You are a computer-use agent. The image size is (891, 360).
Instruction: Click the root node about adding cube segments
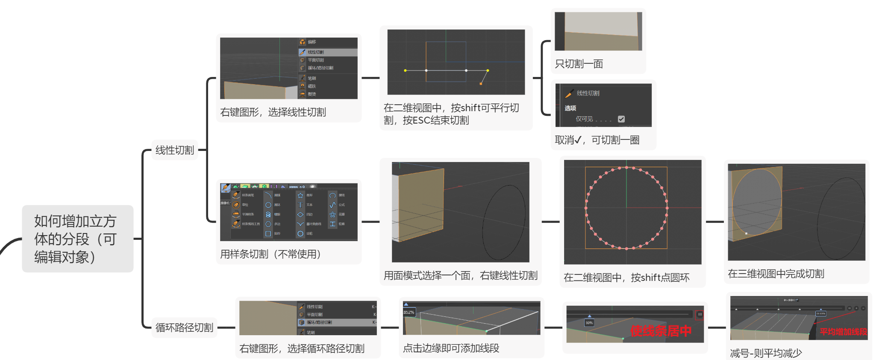pyautogui.click(x=77, y=239)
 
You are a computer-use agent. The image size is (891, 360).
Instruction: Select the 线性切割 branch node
pyautogui.click(x=174, y=150)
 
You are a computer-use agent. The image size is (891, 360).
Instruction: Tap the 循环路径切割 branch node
pyautogui.click(x=184, y=328)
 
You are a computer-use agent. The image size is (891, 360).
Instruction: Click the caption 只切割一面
pyautogui.click(x=579, y=64)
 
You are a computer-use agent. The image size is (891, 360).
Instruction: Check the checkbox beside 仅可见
pyautogui.click(x=621, y=119)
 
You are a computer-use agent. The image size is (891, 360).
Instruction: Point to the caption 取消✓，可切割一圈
pyautogui.click(x=597, y=140)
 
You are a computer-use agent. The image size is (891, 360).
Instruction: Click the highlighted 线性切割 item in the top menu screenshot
pyautogui.click(x=316, y=52)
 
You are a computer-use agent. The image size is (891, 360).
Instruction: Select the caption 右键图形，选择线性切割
pyautogui.click(x=273, y=112)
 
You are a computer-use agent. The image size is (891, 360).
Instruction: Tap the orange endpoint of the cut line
pyautogui.click(x=481, y=84)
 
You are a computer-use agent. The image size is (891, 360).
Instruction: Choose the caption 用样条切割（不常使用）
pyautogui.click(x=270, y=254)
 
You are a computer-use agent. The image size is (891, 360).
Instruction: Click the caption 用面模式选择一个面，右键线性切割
pyautogui.click(x=460, y=275)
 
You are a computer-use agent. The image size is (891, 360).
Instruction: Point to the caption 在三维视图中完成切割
pyautogui.click(x=776, y=274)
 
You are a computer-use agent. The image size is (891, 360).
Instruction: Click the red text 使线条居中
pyautogui.click(x=661, y=330)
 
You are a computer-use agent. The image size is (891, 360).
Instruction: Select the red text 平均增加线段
pyautogui.click(x=843, y=332)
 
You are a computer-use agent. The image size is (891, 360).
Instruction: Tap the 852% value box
pyautogui.click(x=409, y=313)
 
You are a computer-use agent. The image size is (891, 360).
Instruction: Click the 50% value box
pyautogui.click(x=589, y=323)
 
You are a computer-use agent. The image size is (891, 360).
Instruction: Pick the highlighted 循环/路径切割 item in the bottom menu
pyautogui.click(x=319, y=322)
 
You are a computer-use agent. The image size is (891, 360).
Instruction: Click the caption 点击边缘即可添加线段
pyautogui.click(x=451, y=348)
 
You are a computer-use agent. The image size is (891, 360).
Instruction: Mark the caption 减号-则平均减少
pyautogui.click(x=765, y=353)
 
